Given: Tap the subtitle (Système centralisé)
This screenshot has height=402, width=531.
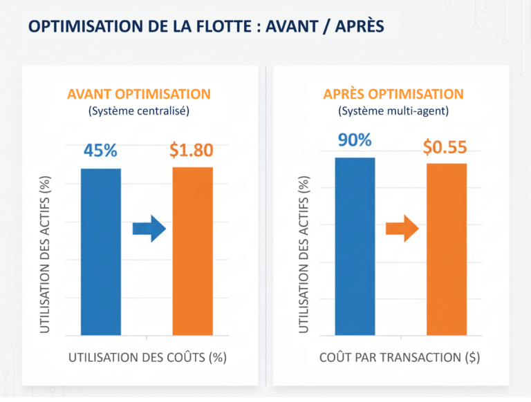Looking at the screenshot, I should [x=139, y=111].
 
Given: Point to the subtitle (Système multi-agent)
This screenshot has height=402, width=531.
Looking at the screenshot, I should [x=393, y=111].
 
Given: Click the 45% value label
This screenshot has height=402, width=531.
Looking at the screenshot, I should [x=101, y=150].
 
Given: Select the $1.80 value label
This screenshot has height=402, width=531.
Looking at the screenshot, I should [x=192, y=150].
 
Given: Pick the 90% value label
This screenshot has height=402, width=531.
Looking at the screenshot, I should [x=355, y=140].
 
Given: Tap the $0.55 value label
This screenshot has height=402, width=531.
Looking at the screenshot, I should [x=445, y=146].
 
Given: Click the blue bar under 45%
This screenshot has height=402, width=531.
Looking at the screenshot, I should [x=101, y=252].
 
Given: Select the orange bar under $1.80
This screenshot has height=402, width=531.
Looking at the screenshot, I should [x=192, y=252].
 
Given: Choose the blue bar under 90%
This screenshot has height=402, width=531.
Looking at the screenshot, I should [x=355, y=247].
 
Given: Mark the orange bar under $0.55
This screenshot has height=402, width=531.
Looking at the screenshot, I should [x=446, y=250].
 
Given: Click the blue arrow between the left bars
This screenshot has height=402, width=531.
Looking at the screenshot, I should [x=149, y=228].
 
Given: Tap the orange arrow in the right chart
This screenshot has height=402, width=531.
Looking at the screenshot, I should [x=402, y=228].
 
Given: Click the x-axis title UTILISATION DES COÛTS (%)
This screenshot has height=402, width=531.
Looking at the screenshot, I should [x=147, y=358].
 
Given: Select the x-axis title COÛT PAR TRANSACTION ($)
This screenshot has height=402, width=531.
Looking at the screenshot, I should [x=400, y=358].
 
